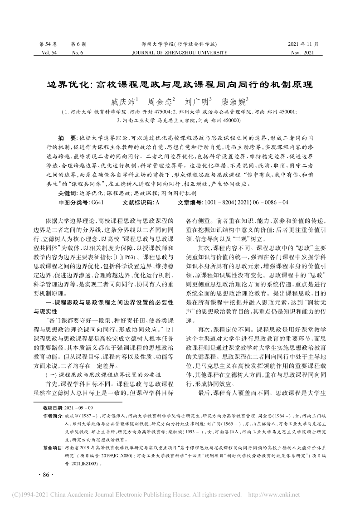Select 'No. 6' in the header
[78, 53]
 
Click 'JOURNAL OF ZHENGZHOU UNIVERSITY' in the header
[180, 53]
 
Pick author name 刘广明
[195, 101]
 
